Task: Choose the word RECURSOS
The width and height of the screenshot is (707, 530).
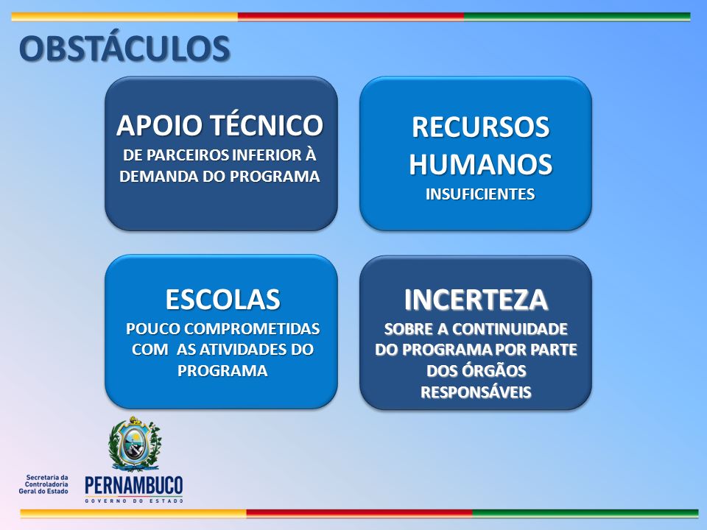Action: click(481, 127)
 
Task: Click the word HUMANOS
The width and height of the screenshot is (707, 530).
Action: click(481, 163)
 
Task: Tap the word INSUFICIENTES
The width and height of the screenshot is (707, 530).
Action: click(480, 194)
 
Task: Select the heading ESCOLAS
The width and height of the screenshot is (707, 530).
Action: click(222, 300)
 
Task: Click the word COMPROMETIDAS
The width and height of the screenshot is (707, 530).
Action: click(252, 329)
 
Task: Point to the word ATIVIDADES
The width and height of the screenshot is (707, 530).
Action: click(242, 350)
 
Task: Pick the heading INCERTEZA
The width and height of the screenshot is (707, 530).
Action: click(476, 300)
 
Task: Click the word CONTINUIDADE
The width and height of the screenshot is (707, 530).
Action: click(510, 329)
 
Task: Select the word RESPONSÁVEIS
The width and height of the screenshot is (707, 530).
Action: click(476, 392)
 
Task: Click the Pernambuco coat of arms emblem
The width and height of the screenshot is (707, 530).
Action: click(135, 443)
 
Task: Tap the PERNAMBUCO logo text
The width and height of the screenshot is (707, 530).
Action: click(134, 486)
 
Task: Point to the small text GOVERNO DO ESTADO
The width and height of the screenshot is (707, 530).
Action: click(134, 501)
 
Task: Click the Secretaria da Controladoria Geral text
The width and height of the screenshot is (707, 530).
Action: click(43, 484)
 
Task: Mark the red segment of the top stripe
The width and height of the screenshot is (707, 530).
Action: click(351, 17)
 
